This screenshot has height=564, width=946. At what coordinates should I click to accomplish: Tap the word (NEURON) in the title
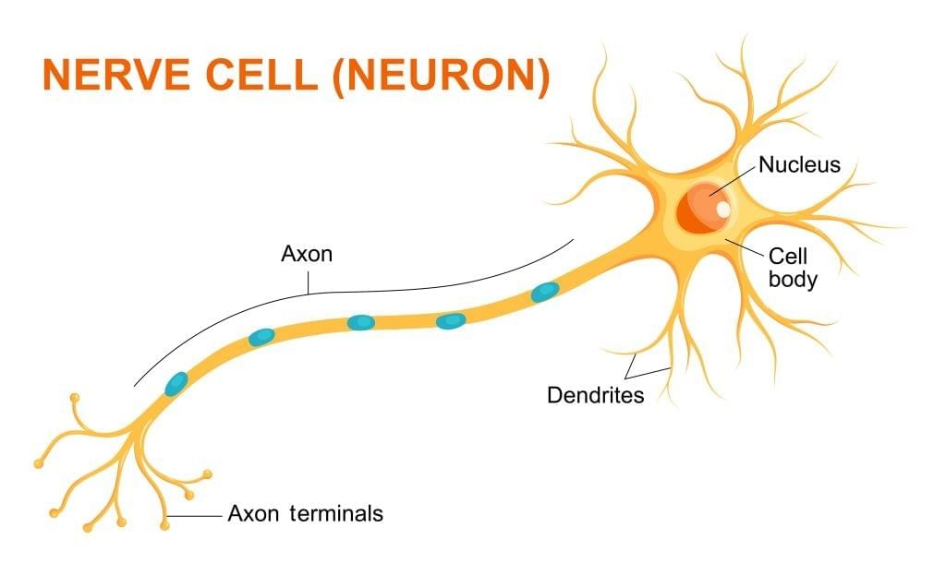tap(442, 76)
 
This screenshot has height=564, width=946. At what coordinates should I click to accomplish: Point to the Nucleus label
tap(799, 165)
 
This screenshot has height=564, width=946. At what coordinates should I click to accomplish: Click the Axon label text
tap(306, 253)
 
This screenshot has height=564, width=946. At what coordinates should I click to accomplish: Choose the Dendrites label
tap(595, 395)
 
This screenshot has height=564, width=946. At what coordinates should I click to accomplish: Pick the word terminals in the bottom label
tap(336, 513)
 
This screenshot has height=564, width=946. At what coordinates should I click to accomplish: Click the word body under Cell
tap(793, 278)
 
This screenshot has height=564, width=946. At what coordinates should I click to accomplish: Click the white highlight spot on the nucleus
tap(722, 210)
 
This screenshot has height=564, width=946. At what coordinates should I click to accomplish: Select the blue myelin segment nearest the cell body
tap(545, 293)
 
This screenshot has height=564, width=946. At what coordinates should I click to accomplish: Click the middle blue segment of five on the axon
tap(360, 322)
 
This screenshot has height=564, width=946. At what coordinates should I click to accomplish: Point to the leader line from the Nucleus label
tap(734, 181)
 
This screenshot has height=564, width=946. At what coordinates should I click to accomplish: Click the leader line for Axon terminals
tap(196, 515)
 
